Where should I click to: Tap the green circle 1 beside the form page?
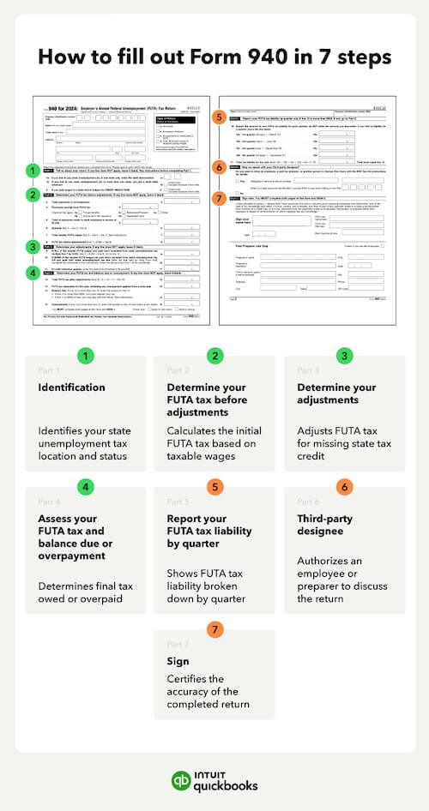pyautogui.click(x=33, y=170)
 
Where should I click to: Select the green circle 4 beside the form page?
pyautogui.click(x=33, y=273)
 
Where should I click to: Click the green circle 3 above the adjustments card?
pyautogui.click(x=344, y=354)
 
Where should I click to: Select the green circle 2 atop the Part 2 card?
pyautogui.click(x=214, y=354)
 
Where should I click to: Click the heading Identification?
pyautogui.click(x=72, y=387)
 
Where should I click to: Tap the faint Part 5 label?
pyautogui.click(x=178, y=502)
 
